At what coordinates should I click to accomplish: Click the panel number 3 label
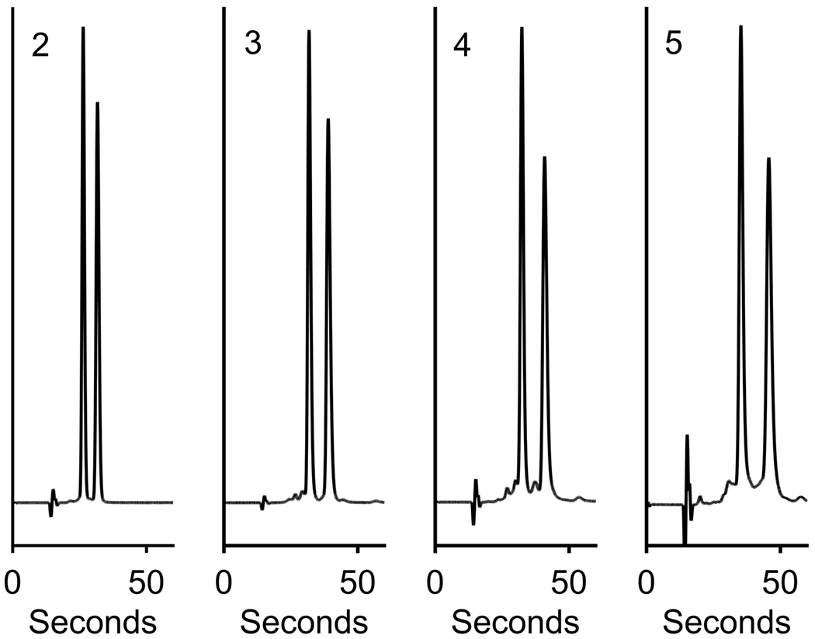coord(252,46)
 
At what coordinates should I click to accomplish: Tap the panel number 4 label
coord(463,46)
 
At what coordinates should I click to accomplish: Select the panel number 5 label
coord(675,44)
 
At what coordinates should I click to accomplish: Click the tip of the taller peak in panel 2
coord(83,28)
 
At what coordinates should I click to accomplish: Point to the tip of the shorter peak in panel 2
coord(97,103)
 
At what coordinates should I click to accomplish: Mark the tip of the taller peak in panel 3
coord(309,32)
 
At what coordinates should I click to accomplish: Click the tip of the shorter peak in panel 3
coord(328,120)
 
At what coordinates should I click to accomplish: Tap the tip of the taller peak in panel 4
coord(522,28)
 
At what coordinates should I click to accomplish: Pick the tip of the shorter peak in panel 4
coord(544,158)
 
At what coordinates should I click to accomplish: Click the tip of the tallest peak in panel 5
coord(740,26)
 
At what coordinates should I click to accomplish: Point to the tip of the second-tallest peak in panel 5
coord(768,158)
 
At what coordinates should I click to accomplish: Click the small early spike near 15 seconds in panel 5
coord(687,436)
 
